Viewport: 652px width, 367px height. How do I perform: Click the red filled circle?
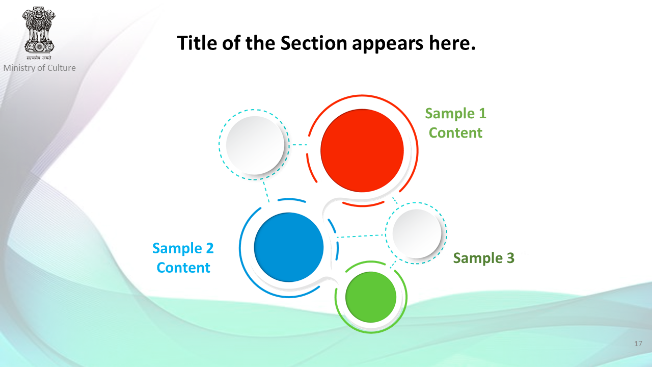coord(362,150)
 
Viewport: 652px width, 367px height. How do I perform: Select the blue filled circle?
coord(289,247)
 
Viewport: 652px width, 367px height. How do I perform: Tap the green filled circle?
coord(371,297)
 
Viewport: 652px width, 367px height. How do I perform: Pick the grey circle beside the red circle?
coord(255,145)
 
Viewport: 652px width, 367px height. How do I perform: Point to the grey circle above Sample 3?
coord(417,233)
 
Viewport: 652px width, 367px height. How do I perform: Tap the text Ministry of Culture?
coord(40,68)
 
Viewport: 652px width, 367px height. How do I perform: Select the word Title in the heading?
coord(197,43)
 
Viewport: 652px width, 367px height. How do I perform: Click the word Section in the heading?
coord(314,43)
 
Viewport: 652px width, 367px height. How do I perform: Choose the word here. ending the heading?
coord(452,43)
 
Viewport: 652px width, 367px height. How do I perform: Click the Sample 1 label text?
coord(455,113)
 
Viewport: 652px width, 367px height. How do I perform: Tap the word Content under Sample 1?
coord(455,133)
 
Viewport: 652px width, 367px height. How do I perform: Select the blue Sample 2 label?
coord(183,248)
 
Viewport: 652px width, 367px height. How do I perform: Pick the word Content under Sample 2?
coord(183,268)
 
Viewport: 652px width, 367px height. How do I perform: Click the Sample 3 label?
coord(484,258)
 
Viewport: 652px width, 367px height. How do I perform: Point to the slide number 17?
coord(638,344)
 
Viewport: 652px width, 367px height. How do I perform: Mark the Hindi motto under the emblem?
coord(39,58)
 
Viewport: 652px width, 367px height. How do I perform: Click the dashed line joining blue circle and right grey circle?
coord(361,236)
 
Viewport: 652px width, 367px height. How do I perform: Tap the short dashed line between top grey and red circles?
coord(300,144)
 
